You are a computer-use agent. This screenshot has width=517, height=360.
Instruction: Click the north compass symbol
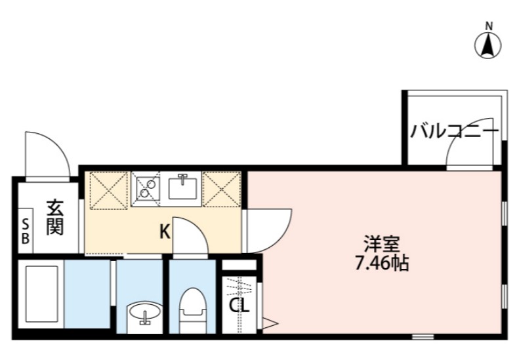(x=487, y=45)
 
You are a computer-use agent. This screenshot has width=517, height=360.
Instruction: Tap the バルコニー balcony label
(x=454, y=132)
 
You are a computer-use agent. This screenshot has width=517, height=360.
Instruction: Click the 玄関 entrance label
(x=54, y=218)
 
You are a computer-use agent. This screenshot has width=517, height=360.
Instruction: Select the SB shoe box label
(x=26, y=231)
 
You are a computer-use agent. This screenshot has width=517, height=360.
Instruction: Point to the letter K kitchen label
(x=165, y=231)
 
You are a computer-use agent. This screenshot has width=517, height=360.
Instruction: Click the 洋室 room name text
(x=381, y=245)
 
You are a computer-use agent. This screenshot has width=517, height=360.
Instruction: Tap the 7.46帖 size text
(x=381, y=264)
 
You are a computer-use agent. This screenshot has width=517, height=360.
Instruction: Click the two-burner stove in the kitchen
(x=148, y=188)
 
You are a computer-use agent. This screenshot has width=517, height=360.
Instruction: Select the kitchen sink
(x=182, y=188)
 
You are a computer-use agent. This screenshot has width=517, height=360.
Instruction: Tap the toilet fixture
(x=192, y=308)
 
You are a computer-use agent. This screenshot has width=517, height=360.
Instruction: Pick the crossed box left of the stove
(x=106, y=190)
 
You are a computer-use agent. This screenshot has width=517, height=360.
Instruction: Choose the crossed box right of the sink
(x=222, y=189)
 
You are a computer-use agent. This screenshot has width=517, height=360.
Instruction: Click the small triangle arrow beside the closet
(x=268, y=321)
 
